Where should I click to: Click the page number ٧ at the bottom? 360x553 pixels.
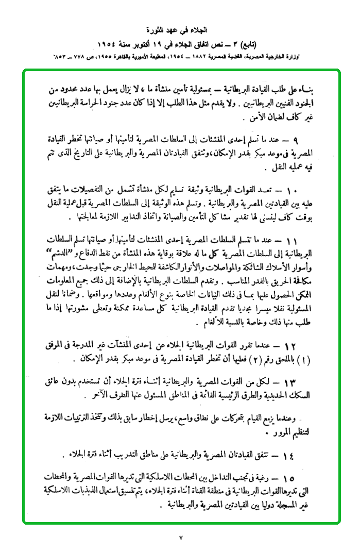point(180,538)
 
